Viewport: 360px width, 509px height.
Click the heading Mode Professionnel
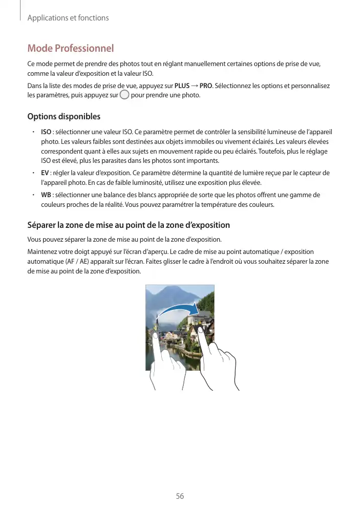[70, 49]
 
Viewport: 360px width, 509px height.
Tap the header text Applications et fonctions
[68, 18]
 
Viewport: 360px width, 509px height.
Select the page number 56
[180, 496]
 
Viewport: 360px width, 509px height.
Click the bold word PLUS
[182, 85]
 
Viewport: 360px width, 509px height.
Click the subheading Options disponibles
[63, 117]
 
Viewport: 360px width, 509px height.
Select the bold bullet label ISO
[46, 132]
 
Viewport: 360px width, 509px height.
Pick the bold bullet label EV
[45, 173]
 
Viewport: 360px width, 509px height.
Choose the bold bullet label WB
[46, 195]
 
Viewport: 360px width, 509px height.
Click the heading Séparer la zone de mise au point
[128, 225]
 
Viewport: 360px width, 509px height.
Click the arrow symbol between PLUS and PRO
[194, 85]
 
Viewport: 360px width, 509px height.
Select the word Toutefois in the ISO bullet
[275, 152]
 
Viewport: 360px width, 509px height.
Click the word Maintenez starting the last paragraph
[44, 251]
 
